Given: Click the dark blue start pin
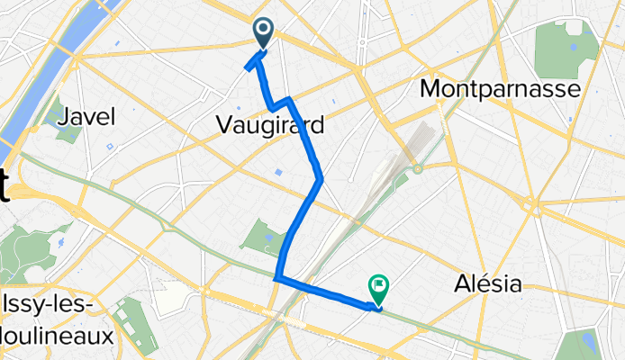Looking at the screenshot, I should pyautogui.click(x=264, y=34).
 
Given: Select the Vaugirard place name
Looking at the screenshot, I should pyautogui.click(x=269, y=127).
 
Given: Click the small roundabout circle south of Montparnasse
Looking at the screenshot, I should pyautogui.click(x=418, y=168).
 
